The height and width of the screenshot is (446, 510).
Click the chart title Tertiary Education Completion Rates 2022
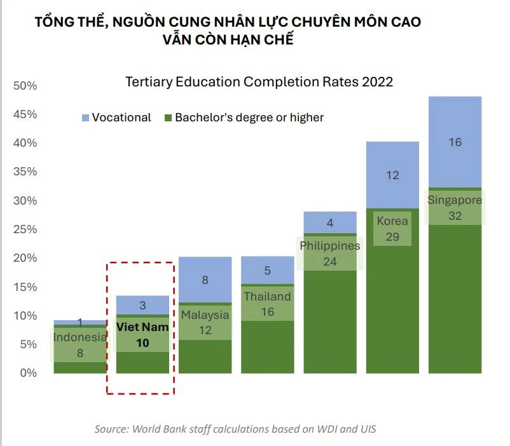coord(259,82)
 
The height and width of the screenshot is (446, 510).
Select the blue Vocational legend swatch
coord(85,118)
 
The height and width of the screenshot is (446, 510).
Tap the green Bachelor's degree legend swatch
coord(169,118)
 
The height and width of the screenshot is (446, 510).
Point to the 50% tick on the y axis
coord(26,86)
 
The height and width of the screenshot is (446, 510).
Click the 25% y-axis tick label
coord(26,229)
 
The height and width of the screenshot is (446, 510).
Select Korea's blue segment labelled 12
coord(392,175)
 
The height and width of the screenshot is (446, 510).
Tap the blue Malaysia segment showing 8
coord(205,280)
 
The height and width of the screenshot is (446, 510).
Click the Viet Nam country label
coord(142,328)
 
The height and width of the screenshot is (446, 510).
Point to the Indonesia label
coord(79,337)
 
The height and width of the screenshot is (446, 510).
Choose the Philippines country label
coord(329,246)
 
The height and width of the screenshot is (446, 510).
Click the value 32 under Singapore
coord(455,216)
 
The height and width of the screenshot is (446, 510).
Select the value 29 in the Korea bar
coord(392,237)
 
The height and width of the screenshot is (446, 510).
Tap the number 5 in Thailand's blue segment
coord(267,271)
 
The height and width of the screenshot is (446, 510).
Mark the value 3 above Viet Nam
coord(142,306)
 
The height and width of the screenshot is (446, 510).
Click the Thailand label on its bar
coord(267,297)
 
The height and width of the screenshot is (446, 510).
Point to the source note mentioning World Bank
coord(235,429)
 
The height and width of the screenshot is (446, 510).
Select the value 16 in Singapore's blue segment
coord(455,142)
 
